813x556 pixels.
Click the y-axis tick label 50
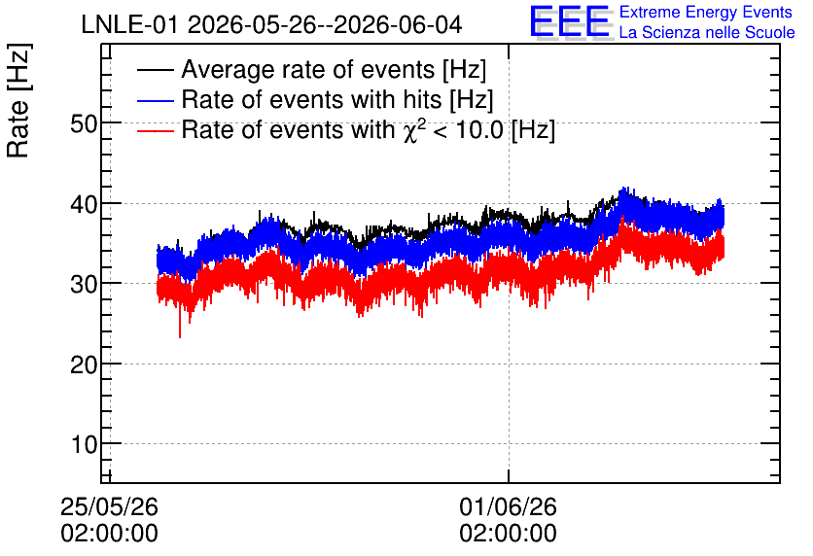click(x=84, y=123)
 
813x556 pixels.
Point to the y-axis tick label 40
click(x=84, y=205)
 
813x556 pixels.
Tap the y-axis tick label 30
click(x=84, y=285)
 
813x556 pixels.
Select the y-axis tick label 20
click(x=84, y=365)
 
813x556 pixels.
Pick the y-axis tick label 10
click(x=84, y=445)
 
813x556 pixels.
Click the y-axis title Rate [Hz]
click(x=18, y=100)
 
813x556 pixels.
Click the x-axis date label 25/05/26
click(x=109, y=506)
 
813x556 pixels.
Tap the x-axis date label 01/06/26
click(x=508, y=506)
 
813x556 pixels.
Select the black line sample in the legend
click(x=155, y=70)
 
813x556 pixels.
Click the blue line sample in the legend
click(x=155, y=100)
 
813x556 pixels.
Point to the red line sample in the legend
click(x=155, y=130)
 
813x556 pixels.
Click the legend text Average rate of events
click(x=308, y=69)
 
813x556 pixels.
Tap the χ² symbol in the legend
click(x=411, y=129)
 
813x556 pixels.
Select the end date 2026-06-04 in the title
click(x=398, y=25)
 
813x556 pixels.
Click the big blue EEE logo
click(x=570, y=21)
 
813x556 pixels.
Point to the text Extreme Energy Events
click(x=706, y=12)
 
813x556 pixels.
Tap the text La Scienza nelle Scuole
click(x=707, y=33)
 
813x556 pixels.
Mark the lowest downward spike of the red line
click(x=180, y=337)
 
